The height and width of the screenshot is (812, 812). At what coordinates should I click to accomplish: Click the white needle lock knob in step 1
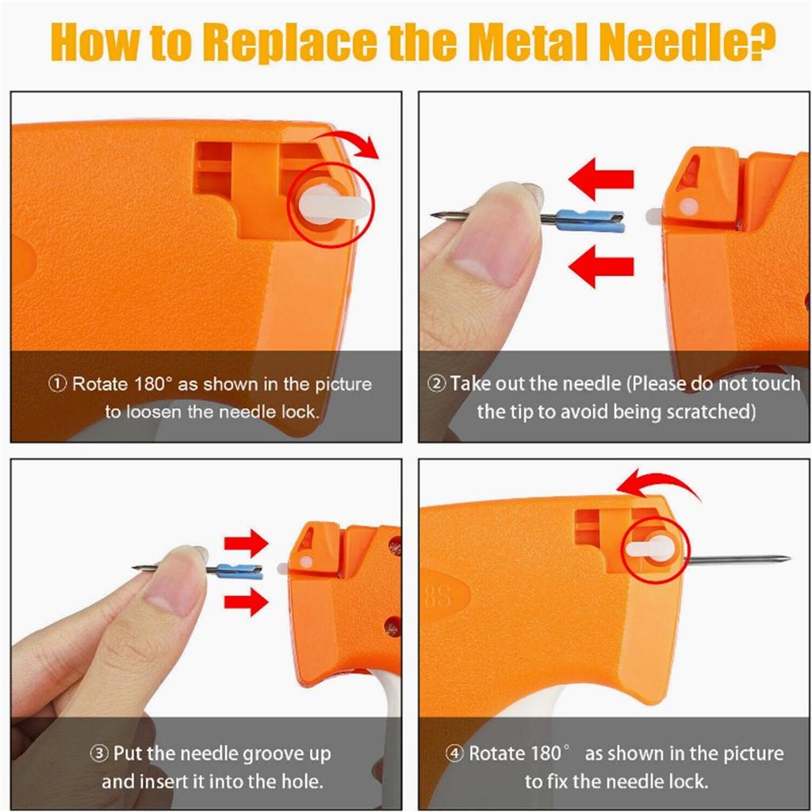coord(334,205)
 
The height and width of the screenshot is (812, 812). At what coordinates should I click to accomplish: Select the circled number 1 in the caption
coord(58,385)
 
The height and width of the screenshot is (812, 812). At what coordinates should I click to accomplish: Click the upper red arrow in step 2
coord(601,179)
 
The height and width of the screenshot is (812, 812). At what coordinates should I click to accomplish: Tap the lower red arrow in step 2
coord(601,266)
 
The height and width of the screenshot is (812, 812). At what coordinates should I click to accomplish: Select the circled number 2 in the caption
coord(437,385)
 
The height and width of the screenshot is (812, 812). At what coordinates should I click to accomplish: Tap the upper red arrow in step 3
coord(247,543)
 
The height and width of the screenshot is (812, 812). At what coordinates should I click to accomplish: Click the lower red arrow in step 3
coord(247,601)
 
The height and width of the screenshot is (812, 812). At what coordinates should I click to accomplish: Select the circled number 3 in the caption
coord(99,753)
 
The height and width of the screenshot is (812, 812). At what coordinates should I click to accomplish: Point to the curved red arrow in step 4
coord(661,481)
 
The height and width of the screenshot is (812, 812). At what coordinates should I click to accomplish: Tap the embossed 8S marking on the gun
coord(438,596)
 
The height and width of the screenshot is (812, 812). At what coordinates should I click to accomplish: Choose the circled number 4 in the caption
coord(454,753)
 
